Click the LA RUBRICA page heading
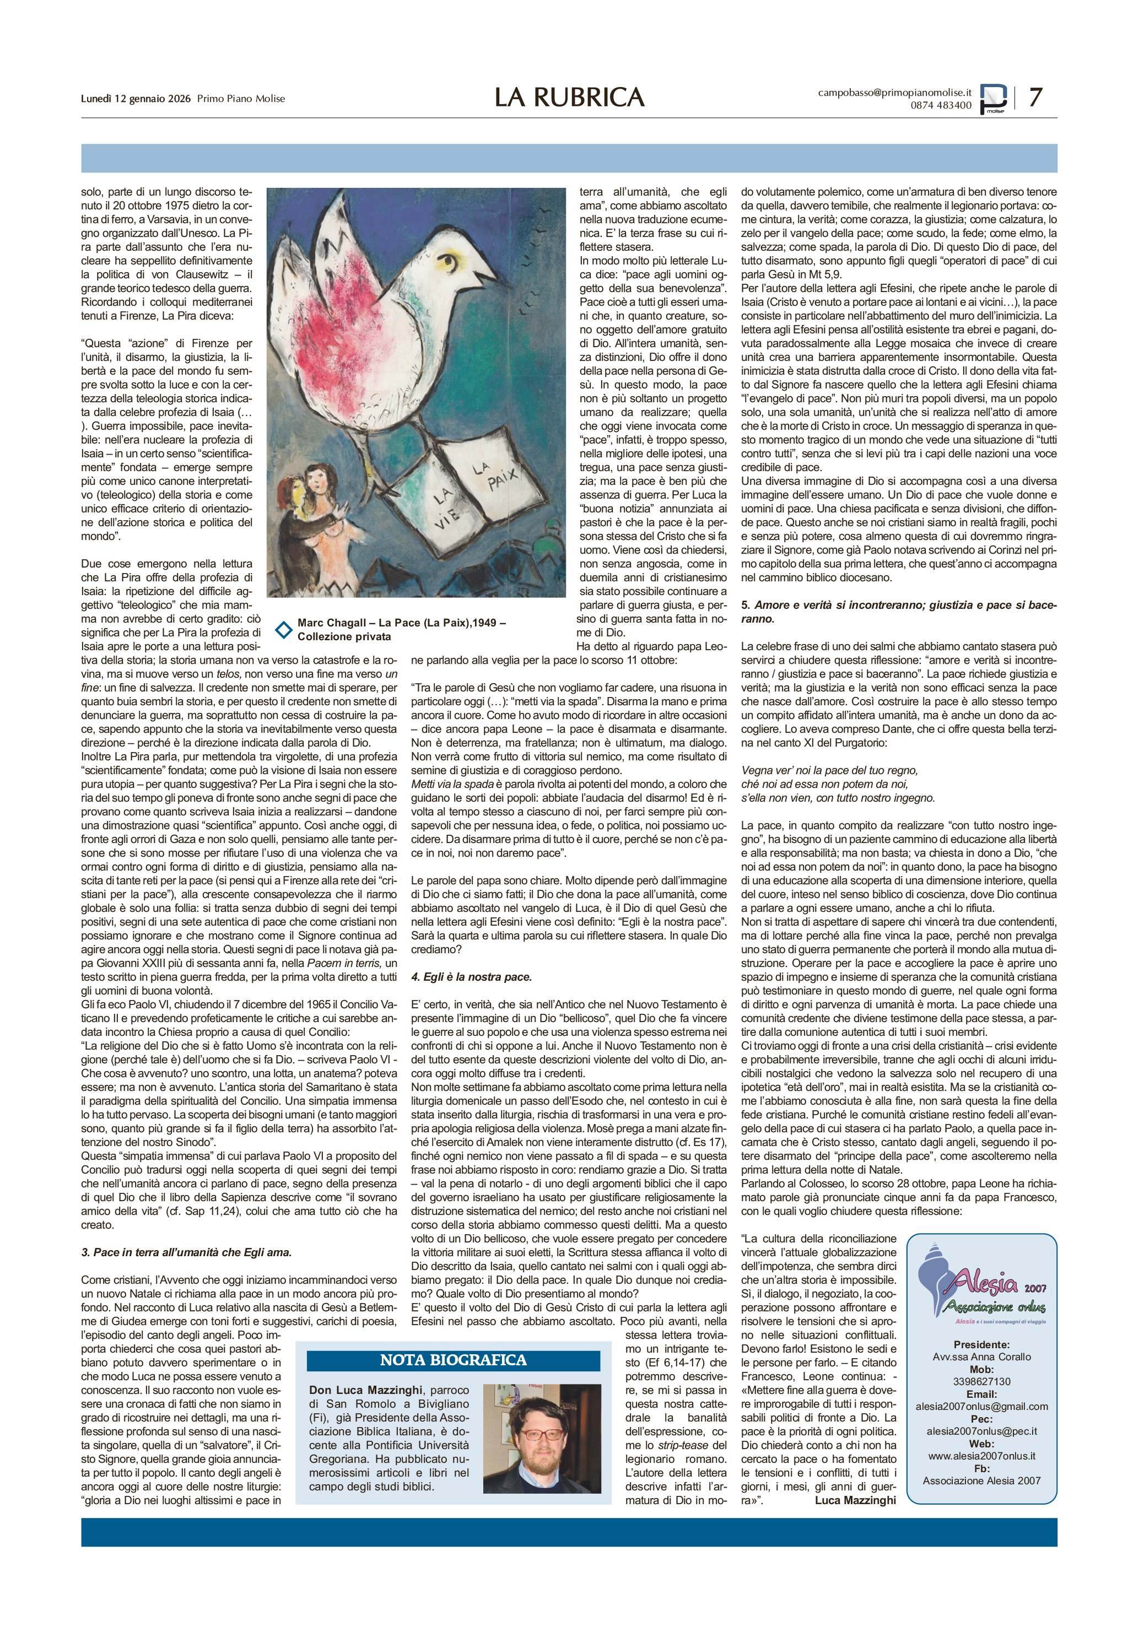(x=569, y=97)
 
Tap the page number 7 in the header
(x=1035, y=97)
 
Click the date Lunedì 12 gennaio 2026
(x=136, y=99)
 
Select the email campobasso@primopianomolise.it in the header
(x=894, y=92)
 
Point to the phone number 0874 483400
(x=941, y=105)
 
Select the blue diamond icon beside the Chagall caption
(x=283, y=629)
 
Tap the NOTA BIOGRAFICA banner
(x=453, y=1360)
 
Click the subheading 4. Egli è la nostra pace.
(x=471, y=976)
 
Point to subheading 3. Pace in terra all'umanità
(x=186, y=1252)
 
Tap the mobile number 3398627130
(x=981, y=1381)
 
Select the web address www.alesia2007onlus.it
(x=981, y=1456)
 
